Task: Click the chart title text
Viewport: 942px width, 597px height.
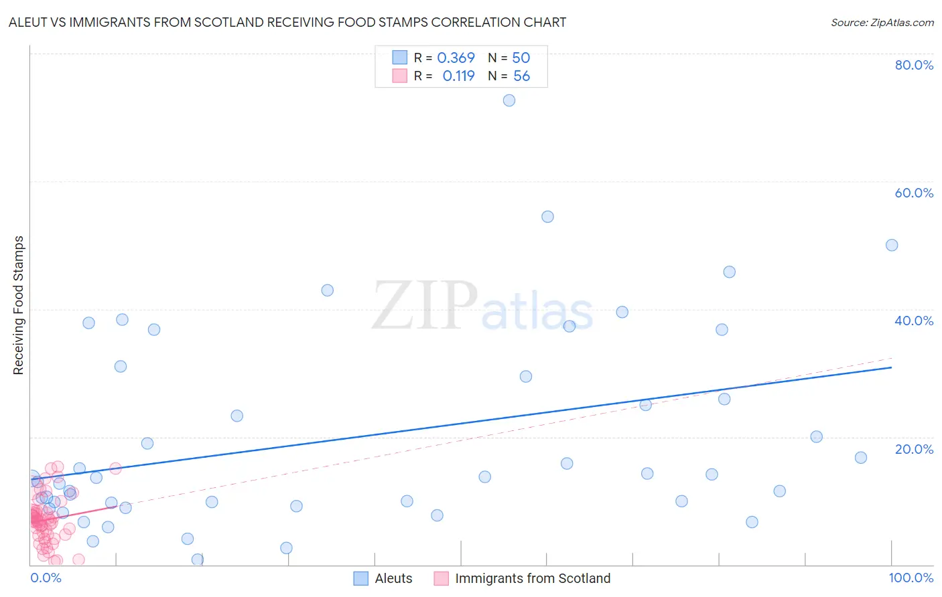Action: pos(287,22)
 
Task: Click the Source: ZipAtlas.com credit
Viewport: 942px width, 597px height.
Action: pos(882,22)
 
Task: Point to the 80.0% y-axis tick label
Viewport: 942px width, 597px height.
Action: pos(914,65)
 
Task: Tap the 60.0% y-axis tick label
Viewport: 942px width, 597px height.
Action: pos(914,193)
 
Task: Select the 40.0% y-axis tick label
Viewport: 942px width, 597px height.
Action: pos(914,321)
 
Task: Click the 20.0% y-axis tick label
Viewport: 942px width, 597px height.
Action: pos(914,449)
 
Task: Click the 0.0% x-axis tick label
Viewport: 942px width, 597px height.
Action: pos(46,578)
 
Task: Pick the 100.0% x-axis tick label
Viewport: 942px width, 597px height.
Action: pos(911,578)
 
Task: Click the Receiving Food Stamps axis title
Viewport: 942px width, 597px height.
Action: pos(18,305)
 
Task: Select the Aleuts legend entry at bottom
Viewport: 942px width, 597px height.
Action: pos(393,578)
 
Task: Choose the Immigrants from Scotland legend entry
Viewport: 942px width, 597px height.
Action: pos(533,578)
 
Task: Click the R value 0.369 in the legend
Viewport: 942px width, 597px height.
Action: pos(456,58)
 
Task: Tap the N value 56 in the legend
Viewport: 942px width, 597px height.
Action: pos(521,76)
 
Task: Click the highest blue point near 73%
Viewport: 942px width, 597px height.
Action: pos(509,100)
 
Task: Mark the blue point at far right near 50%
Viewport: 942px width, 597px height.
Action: pos(892,245)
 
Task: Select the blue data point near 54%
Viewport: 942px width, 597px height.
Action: pos(547,217)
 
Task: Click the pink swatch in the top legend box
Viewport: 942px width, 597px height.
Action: pos(400,76)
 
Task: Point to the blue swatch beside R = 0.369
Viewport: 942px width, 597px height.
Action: pos(400,58)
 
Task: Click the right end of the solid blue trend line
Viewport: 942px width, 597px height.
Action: pos(891,367)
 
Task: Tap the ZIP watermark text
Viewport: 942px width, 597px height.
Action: pos(425,306)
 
